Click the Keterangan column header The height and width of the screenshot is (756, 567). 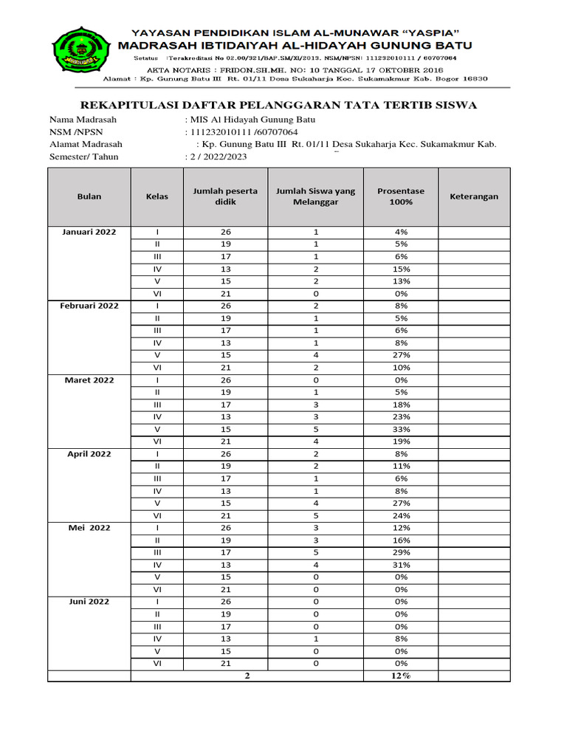(x=474, y=196)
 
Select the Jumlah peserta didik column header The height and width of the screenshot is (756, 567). (x=225, y=196)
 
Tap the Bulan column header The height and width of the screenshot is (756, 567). (x=89, y=196)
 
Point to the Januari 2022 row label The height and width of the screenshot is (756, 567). (x=89, y=232)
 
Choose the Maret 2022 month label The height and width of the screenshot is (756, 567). (x=89, y=380)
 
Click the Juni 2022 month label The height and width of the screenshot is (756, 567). (x=89, y=602)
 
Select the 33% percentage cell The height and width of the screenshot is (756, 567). (x=401, y=429)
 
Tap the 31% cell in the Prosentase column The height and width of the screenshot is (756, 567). (x=401, y=565)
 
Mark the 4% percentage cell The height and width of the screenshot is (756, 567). (x=401, y=232)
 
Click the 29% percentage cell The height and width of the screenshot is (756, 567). (x=401, y=552)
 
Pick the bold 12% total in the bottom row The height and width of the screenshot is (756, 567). (x=401, y=676)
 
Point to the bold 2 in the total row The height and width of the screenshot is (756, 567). (x=247, y=676)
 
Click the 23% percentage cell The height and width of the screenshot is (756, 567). (x=401, y=417)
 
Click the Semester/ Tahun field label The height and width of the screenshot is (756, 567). (x=83, y=157)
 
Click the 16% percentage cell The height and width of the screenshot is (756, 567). (x=401, y=540)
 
